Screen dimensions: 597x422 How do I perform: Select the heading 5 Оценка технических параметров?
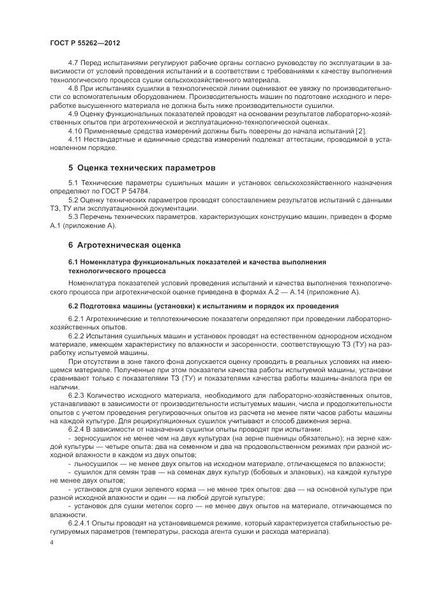tap(142, 169)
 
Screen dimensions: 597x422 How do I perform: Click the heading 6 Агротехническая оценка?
tap(125, 245)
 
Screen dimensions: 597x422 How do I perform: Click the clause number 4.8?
tap(73, 87)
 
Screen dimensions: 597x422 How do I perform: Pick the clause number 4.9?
tap(73, 113)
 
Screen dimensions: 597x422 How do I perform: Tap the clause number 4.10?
tap(75, 130)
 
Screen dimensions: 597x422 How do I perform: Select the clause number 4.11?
tap(75, 139)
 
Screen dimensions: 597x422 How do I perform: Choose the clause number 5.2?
tap(73, 200)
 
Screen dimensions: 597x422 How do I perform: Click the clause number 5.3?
tap(73, 217)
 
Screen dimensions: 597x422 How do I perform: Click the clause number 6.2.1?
tap(76, 318)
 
